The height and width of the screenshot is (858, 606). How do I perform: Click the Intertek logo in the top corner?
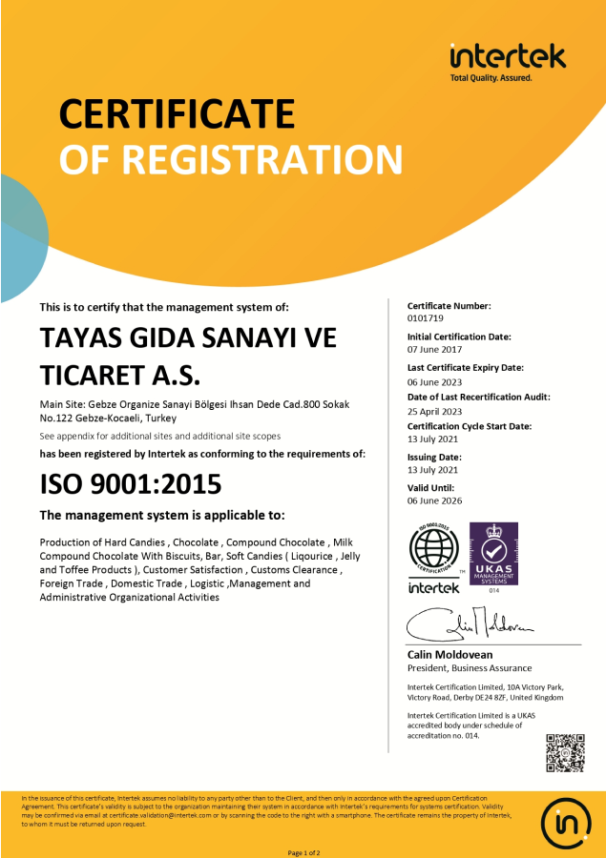point(508,56)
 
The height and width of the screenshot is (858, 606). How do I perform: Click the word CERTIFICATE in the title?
point(177,113)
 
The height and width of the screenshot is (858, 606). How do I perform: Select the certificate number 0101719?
point(426,318)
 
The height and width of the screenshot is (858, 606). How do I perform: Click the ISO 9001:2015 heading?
point(131,484)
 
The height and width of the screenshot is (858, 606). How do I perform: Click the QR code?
point(564,752)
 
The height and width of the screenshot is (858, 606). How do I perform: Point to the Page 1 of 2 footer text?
point(303,851)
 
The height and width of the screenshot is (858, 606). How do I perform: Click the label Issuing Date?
point(435,457)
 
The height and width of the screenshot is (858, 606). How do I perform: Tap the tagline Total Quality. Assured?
point(491,77)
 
